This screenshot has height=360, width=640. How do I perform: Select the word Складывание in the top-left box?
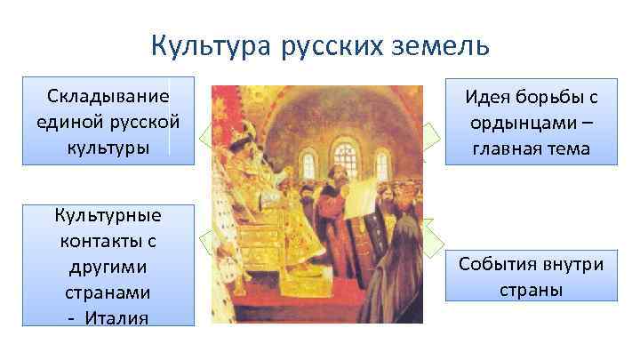point(108,96)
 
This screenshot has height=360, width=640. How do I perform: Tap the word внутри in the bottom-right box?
point(572,265)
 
